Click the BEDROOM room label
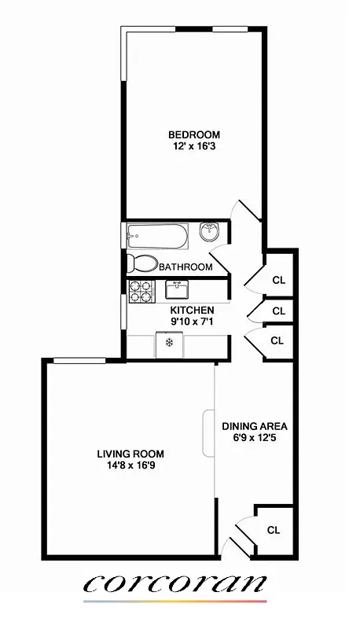coord(193,134)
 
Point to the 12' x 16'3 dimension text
coord(193,146)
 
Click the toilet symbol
coord(141,263)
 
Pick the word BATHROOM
coord(186,267)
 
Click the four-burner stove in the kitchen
coord(141,291)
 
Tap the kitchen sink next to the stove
coord(176,290)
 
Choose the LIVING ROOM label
coord(130,454)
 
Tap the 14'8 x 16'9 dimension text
coord(130,465)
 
